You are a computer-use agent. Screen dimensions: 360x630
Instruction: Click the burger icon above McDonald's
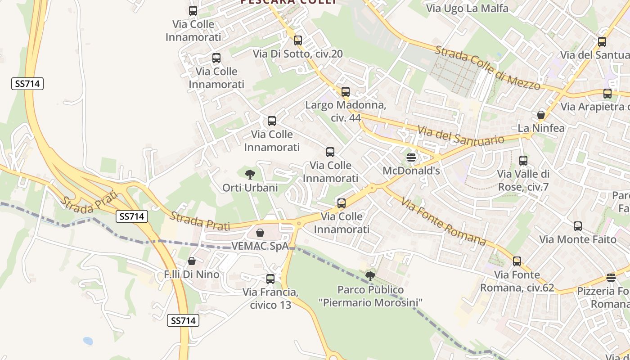pyautogui.click(x=411, y=157)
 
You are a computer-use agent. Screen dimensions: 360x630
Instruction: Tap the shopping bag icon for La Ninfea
pyautogui.click(x=541, y=115)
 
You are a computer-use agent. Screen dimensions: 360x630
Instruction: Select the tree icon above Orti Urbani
pyautogui.click(x=250, y=174)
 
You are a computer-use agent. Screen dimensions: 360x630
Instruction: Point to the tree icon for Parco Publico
pyautogui.click(x=370, y=276)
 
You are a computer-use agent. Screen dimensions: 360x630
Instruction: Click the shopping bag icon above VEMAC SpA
pyautogui.click(x=260, y=233)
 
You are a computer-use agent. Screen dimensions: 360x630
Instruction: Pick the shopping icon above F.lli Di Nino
pyautogui.click(x=192, y=261)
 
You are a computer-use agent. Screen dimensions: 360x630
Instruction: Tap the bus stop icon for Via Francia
pyautogui.click(x=270, y=279)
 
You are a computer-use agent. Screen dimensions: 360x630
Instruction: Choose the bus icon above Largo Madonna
pyautogui.click(x=346, y=92)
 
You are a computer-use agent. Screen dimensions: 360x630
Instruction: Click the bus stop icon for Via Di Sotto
pyautogui.click(x=298, y=40)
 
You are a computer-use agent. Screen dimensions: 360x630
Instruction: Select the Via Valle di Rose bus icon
pyautogui.click(x=523, y=161)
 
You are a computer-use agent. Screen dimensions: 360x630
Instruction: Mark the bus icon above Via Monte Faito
pyautogui.click(x=578, y=226)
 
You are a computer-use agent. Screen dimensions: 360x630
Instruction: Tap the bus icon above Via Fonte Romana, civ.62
pyautogui.click(x=517, y=261)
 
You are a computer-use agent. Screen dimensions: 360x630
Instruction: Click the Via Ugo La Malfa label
pyautogui.click(x=467, y=8)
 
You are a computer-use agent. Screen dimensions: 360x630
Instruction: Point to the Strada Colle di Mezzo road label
pyautogui.click(x=487, y=67)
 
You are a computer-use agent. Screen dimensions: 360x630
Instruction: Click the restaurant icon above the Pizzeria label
pyautogui.click(x=611, y=278)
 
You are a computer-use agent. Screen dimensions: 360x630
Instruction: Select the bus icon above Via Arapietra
pyautogui.click(x=607, y=94)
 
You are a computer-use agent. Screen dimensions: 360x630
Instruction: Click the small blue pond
pyautogui.click(x=88, y=341)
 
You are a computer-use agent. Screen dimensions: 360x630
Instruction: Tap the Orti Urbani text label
pyautogui.click(x=250, y=188)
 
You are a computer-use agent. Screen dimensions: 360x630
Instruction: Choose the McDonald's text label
pyautogui.click(x=411, y=171)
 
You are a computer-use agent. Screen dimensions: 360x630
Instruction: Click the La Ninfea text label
pyautogui.click(x=541, y=128)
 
